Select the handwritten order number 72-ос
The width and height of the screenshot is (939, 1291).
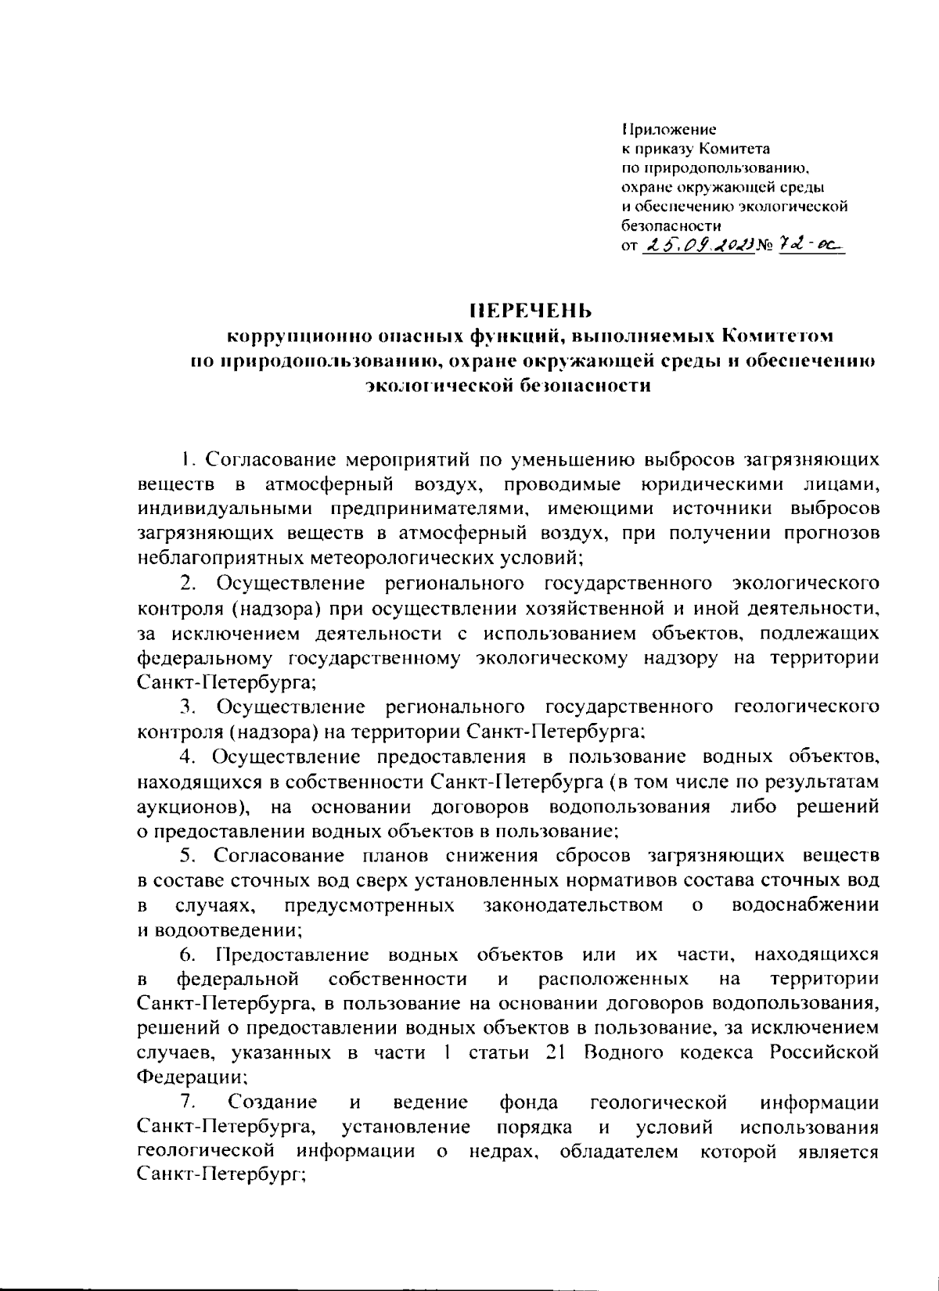[815, 246]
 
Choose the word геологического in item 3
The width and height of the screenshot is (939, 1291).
[806, 707]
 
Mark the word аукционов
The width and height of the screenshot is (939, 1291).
[192, 807]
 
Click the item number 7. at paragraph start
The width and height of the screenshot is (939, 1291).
[188, 1102]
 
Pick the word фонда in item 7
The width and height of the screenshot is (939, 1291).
[529, 1102]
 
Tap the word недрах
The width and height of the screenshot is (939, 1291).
[503, 1152]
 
